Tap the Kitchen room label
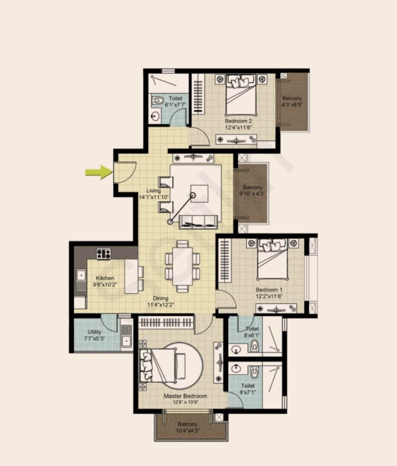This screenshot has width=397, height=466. (105, 278)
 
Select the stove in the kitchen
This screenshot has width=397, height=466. (104, 253)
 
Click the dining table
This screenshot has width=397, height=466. (183, 266)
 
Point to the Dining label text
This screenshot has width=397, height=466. (160, 298)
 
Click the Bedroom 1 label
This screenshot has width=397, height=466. (269, 290)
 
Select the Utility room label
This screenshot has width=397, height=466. (95, 332)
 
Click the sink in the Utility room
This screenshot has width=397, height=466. (126, 336)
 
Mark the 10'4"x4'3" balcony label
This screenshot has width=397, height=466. (187, 427)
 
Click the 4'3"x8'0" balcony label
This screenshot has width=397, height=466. (292, 101)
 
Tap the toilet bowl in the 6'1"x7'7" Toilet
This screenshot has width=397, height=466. (158, 101)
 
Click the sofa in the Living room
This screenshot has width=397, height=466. (198, 221)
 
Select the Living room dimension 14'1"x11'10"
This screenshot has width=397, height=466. (153, 197)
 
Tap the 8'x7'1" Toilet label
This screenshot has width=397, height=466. (248, 389)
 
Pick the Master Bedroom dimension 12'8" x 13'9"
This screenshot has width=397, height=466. (185, 402)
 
